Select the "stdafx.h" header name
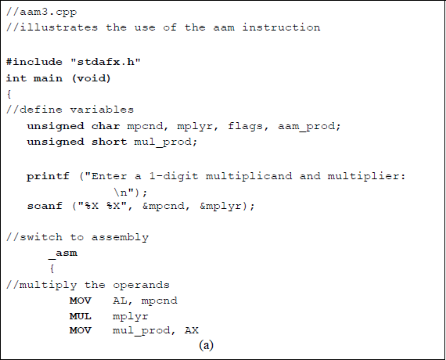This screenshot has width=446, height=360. pyautogui.click(x=110, y=63)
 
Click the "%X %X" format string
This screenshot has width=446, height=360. pyautogui.click(x=106, y=206)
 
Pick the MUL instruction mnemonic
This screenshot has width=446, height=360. pyautogui.click(x=80, y=316)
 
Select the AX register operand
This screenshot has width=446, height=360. pyautogui.click(x=190, y=331)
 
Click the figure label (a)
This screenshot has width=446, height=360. pyautogui.click(x=207, y=345)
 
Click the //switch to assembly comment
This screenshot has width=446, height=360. pyautogui.click(x=77, y=237)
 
